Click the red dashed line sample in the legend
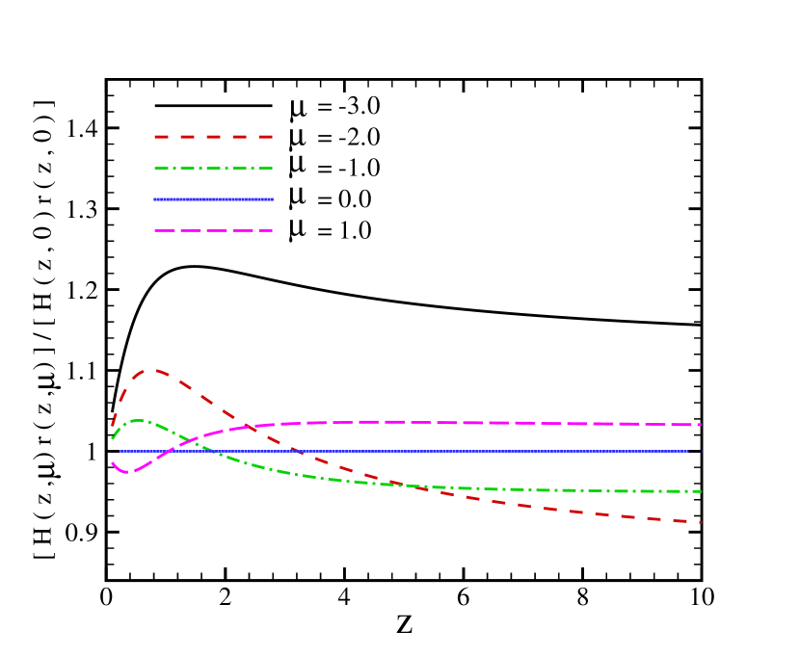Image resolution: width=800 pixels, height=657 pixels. click(213, 137)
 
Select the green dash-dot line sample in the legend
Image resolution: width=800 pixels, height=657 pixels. click(213, 169)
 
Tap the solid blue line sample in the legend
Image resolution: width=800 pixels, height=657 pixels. click(213, 199)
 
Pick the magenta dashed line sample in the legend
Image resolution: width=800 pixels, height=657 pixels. click(213, 231)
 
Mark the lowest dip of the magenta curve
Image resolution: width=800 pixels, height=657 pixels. click(123, 472)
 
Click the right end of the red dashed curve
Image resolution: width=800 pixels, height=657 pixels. click(701, 522)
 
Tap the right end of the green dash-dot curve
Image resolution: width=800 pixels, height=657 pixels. click(701, 491)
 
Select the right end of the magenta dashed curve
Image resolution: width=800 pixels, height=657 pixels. click(701, 425)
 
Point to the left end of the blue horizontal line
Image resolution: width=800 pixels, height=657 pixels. click(120, 451)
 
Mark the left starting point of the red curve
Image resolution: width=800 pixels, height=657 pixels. click(113, 425)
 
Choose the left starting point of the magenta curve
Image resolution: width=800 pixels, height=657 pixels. click(113, 462)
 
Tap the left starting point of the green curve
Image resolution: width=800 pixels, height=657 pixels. click(113, 438)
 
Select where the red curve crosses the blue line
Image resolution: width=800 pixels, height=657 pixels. click(300, 451)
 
